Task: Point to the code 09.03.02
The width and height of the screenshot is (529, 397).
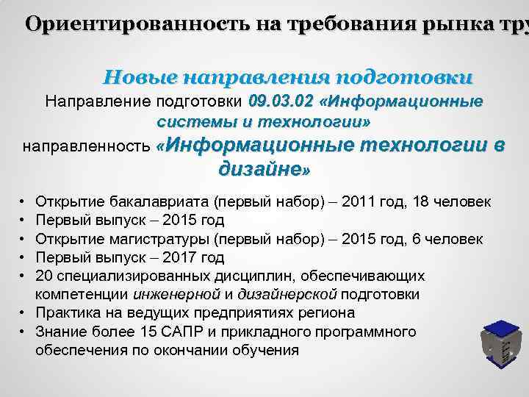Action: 281,101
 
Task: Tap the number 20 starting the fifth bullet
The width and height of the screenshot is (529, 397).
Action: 43,276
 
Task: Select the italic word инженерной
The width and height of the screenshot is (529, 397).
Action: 177,295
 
